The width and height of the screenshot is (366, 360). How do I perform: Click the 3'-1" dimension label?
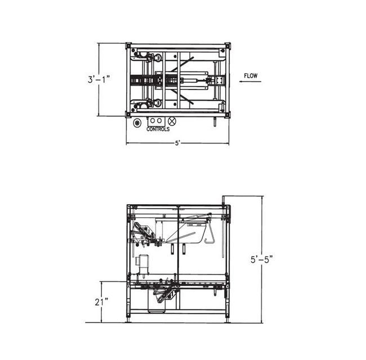click(99, 79)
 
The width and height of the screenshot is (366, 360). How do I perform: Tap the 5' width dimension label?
click(177, 143)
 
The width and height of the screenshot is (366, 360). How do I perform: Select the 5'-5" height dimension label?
click(262, 259)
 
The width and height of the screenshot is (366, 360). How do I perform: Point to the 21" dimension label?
click(101, 302)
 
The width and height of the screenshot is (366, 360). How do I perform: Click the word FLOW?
click(251, 76)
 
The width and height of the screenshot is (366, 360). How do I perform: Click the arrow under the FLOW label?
click(250, 82)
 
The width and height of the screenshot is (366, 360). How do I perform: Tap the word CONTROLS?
click(158, 129)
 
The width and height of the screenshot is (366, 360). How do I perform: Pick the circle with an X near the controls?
click(172, 120)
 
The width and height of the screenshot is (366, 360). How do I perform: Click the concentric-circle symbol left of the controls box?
click(137, 122)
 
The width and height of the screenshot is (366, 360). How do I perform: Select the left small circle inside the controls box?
click(153, 120)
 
